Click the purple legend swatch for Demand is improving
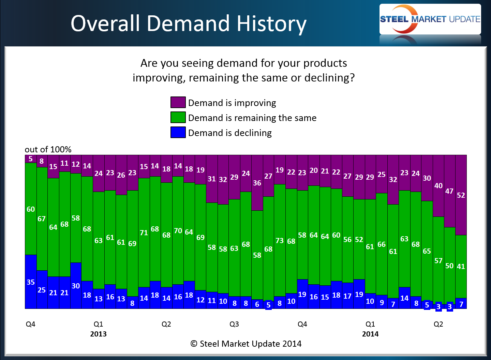click(178, 102)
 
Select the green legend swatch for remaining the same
click(178, 117)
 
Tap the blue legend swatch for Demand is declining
click(178, 132)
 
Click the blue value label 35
click(31, 282)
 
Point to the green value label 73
click(280, 241)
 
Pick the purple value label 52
click(461, 195)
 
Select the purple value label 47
click(449, 191)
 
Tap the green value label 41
click(461, 266)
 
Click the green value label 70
click(178, 231)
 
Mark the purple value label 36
click(257, 183)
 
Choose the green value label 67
click(42, 219)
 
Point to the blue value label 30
click(76, 286)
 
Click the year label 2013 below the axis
click(98, 334)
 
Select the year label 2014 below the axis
click(370, 334)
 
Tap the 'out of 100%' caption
click(48, 149)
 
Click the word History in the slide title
click(271, 24)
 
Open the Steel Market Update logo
click(430, 19)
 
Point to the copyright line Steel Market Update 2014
click(246, 344)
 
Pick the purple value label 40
click(438, 186)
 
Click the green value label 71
click(144, 232)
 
